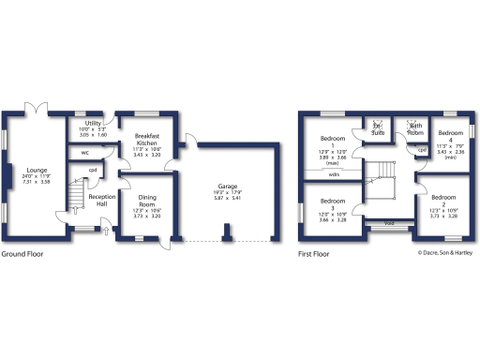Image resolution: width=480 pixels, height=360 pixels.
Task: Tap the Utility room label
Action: point(93,123)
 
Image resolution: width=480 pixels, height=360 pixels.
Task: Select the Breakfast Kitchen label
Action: point(147,141)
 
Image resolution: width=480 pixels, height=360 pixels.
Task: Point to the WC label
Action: point(84,152)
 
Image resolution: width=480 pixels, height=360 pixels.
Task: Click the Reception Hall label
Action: point(102,200)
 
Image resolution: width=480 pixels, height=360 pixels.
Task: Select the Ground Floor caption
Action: point(22,254)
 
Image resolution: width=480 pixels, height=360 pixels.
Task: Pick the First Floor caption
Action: point(317,254)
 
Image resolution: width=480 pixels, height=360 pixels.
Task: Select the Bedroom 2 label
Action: point(444,198)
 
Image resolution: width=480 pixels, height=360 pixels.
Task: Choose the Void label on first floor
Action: point(388,223)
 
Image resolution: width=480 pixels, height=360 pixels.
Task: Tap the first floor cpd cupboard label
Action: point(422,150)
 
